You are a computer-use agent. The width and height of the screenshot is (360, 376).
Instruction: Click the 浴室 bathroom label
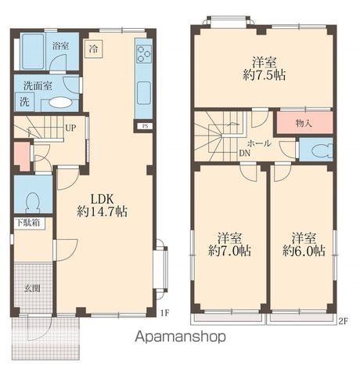pyautogui.click(x=60, y=46)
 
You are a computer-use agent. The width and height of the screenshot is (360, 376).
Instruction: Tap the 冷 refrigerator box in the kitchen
pyautogui.click(x=93, y=49)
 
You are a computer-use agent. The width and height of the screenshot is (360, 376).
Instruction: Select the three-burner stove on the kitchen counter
pyautogui.click(x=144, y=54)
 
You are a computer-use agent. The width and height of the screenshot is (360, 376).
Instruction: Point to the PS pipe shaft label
pyautogui.click(x=145, y=126)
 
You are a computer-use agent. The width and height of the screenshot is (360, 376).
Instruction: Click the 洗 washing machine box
pyautogui.click(x=24, y=101)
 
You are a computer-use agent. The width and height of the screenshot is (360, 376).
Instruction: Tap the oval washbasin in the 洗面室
pyautogui.click(x=59, y=103)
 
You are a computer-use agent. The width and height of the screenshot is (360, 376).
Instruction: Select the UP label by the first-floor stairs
pyautogui.click(x=70, y=128)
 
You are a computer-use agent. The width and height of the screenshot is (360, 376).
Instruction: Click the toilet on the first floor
pyautogui.click(x=33, y=202)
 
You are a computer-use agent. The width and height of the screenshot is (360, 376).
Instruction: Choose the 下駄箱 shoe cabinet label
pyautogui.click(x=28, y=223)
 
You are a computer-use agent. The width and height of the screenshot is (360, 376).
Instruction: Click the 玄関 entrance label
pyautogui.click(x=32, y=288)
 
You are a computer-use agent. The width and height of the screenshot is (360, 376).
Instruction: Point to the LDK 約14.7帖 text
pyautogui.click(x=102, y=205)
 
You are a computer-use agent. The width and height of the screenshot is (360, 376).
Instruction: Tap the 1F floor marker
pyautogui.click(x=164, y=313)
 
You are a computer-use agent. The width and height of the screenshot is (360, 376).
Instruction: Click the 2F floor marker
pyautogui.click(x=344, y=321)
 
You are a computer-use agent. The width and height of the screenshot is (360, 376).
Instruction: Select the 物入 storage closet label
pyautogui.click(x=304, y=123)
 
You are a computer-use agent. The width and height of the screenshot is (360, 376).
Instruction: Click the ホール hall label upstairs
pyautogui.click(x=259, y=143)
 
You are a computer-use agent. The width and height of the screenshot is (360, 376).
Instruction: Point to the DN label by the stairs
pyautogui.click(x=245, y=154)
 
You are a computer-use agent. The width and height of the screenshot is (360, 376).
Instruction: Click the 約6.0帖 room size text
pyautogui.click(x=304, y=251)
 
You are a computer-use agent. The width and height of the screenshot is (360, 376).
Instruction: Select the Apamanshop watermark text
pyautogui.click(x=181, y=337)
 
